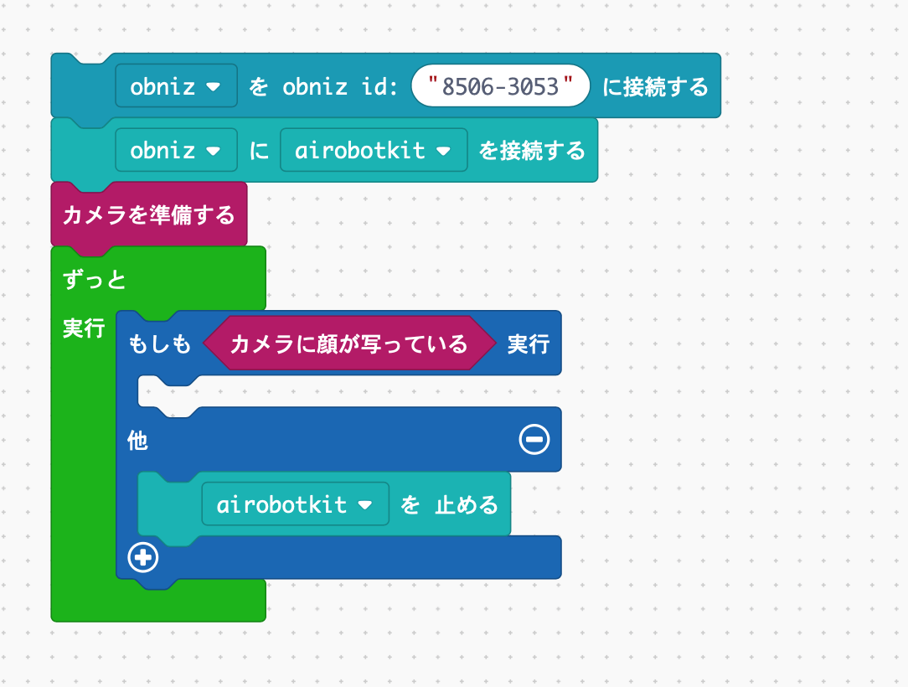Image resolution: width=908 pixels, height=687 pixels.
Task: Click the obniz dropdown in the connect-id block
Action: (176, 86)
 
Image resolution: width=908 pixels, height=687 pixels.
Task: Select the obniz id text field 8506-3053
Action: (500, 86)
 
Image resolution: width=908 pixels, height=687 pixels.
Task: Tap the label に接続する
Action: (655, 86)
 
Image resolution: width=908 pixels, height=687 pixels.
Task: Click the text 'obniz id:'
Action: (339, 86)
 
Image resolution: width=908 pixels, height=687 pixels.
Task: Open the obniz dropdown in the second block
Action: (176, 150)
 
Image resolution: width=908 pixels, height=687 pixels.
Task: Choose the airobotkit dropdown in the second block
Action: (374, 150)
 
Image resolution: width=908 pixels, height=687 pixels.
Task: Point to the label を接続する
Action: (532, 150)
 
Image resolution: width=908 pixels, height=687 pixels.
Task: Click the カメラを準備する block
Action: (149, 214)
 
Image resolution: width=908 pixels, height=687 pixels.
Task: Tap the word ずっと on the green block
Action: (95, 279)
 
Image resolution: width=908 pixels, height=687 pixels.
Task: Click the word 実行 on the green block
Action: (84, 328)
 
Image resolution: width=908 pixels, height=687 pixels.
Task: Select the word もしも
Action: (159, 343)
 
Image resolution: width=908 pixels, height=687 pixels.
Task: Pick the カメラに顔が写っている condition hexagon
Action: (348, 343)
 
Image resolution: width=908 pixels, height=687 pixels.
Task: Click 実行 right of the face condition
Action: (529, 343)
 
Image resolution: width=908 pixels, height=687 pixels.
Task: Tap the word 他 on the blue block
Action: (137, 440)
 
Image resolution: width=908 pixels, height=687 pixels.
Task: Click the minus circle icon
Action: (534, 439)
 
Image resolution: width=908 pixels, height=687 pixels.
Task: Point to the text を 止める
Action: (449, 504)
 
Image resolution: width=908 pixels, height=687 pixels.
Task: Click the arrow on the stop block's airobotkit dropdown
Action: (364, 505)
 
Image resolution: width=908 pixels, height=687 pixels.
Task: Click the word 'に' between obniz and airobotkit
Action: (259, 150)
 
